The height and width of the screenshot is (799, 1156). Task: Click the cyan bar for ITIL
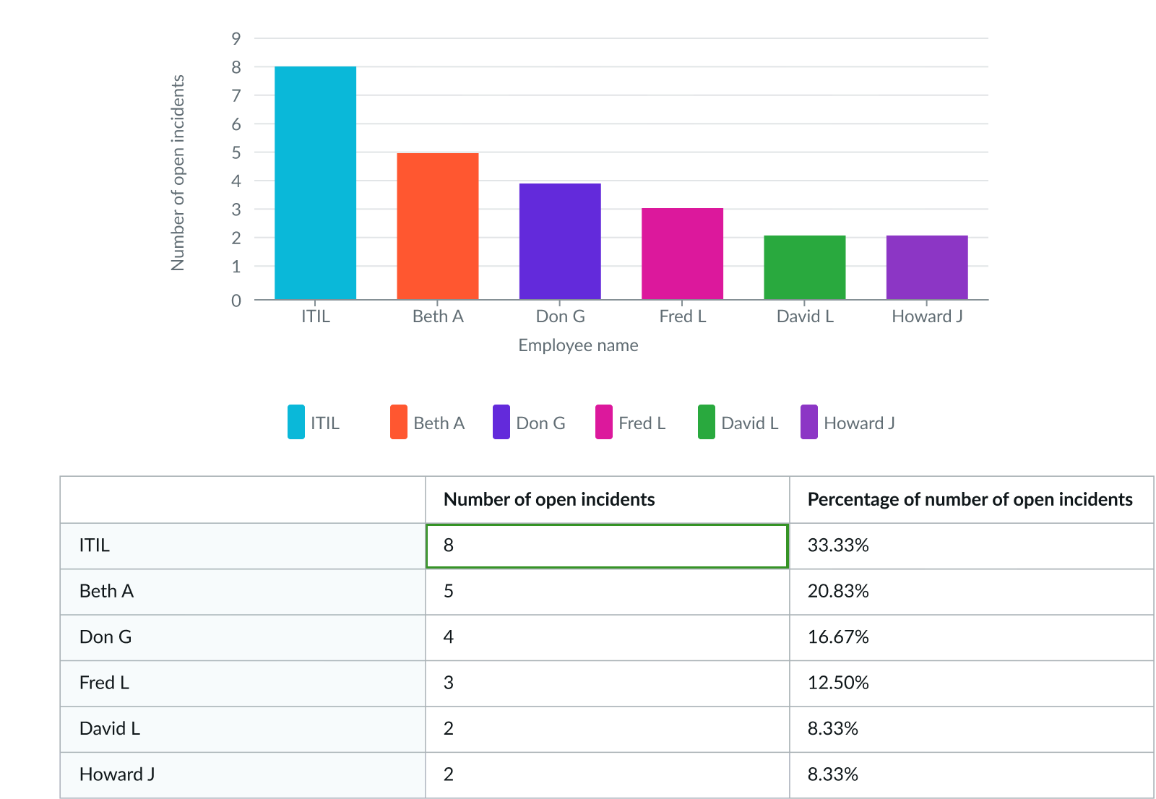(x=315, y=183)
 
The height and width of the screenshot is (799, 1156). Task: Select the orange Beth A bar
(x=437, y=225)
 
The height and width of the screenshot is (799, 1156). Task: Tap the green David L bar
(x=804, y=267)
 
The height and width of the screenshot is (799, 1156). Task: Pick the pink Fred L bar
(x=682, y=254)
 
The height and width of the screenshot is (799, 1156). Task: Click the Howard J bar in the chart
(x=926, y=267)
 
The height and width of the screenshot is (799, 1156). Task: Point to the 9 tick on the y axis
(x=236, y=38)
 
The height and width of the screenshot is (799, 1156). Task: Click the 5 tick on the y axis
(x=236, y=152)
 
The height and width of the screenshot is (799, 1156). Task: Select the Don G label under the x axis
(x=560, y=316)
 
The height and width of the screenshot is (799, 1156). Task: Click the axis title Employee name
(x=578, y=345)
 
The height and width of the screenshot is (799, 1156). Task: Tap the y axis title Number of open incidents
(x=178, y=173)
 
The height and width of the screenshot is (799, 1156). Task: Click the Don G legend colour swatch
(x=501, y=422)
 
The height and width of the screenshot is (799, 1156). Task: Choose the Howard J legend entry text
(x=859, y=423)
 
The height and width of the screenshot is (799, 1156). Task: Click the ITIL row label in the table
(x=95, y=545)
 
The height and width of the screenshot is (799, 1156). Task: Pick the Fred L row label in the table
(x=104, y=683)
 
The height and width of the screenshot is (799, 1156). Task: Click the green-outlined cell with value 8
(x=607, y=546)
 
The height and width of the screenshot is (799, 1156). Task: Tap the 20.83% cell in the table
(x=838, y=591)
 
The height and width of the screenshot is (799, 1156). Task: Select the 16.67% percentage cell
(x=838, y=637)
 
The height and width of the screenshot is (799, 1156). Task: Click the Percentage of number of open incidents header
(x=970, y=500)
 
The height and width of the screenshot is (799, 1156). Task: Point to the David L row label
(x=110, y=728)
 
